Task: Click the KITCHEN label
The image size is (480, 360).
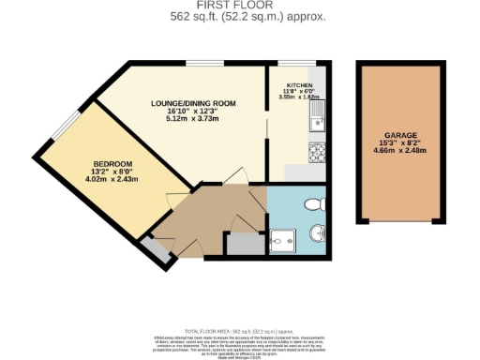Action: tap(297, 84)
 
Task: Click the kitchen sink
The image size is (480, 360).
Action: tap(317, 118)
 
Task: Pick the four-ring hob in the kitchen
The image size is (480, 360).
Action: tap(316, 152)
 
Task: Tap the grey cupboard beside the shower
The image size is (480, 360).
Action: tap(247, 242)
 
